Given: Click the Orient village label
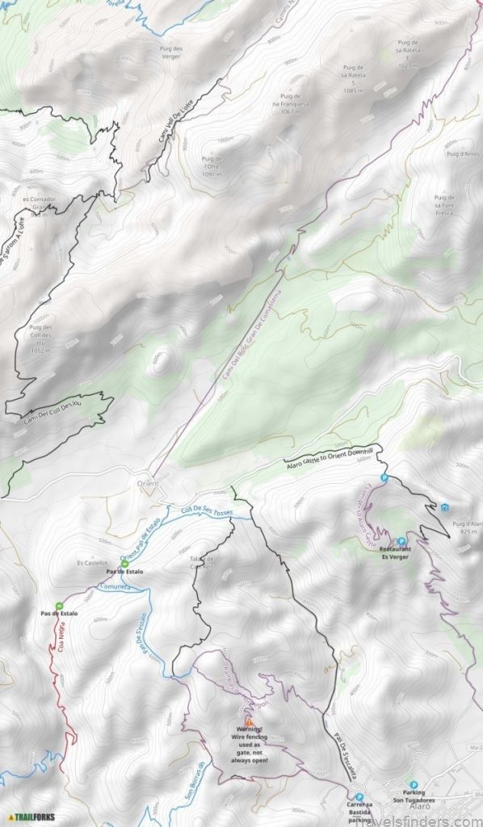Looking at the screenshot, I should point(148,483).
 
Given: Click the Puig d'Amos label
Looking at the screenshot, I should point(463,153).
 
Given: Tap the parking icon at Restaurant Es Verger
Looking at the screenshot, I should point(401,541).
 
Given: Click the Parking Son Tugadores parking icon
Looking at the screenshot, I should point(414,785).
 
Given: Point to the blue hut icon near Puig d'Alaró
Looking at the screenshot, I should point(445,507).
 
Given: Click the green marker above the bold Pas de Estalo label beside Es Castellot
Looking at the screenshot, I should point(124,564).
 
